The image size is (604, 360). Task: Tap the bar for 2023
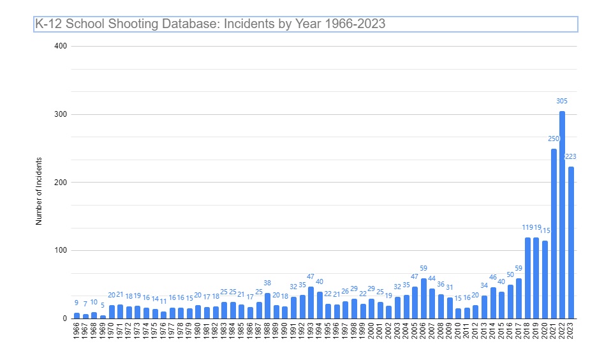point(571,243)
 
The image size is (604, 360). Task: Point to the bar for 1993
point(311,303)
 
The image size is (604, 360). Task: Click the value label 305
point(562,101)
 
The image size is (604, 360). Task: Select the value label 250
point(554,139)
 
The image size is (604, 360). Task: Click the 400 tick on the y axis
point(61,46)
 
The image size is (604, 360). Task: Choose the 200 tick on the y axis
point(61,183)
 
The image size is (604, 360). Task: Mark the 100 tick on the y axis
point(61,251)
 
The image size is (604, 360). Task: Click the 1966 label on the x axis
point(77,331)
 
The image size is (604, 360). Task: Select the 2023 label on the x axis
point(571,331)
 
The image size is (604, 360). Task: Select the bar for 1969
point(103,317)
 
